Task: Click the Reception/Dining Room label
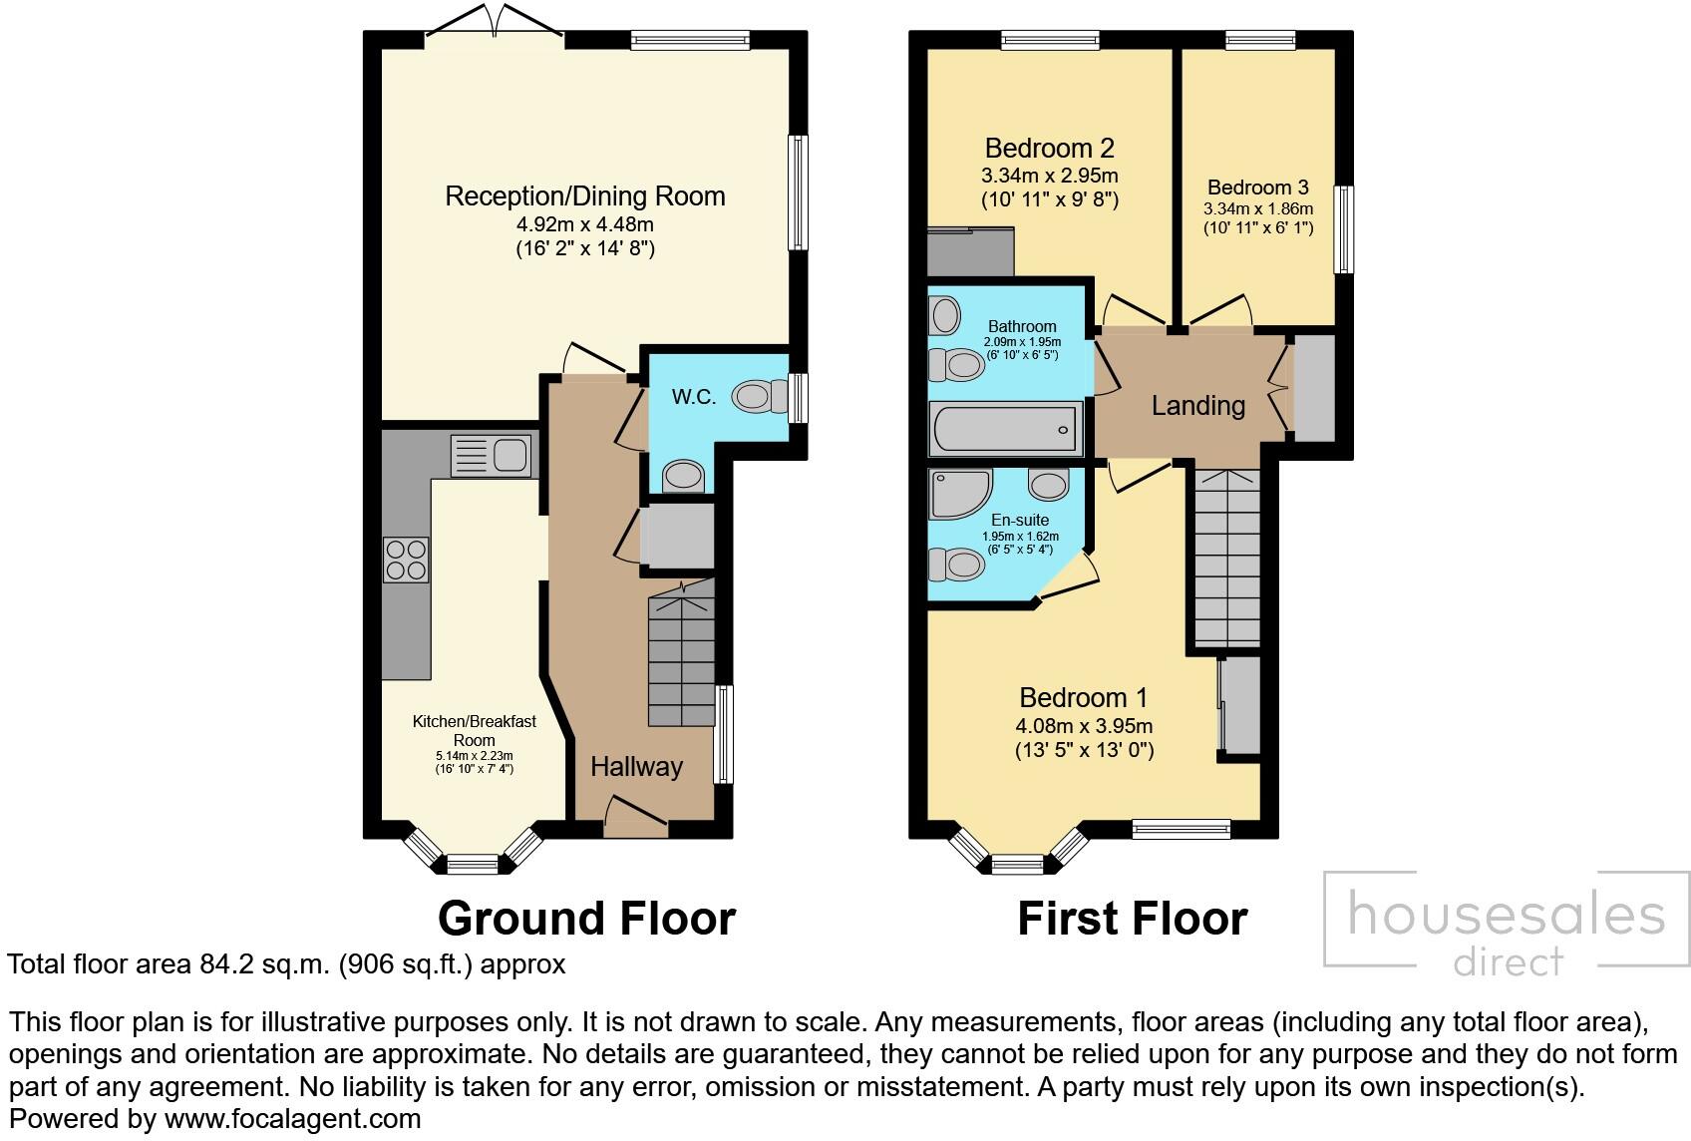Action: pyautogui.click(x=585, y=196)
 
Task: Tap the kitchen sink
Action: pyautogui.click(x=491, y=456)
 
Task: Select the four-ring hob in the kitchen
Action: pyautogui.click(x=406, y=560)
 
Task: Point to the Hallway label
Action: pyautogui.click(x=636, y=766)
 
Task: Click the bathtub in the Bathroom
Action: pyautogui.click(x=1006, y=429)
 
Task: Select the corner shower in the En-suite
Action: pyautogui.click(x=960, y=495)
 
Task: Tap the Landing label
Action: pyautogui.click(x=1198, y=406)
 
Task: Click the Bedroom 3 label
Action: pyautogui.click(x=1258, y=188)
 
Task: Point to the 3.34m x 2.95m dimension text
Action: pyautogui.click(x=1049, y=176)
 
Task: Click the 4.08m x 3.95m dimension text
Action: pyautogui.click(x=1084, y=726)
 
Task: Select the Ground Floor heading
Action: pyautogui.click(x=586, y=919)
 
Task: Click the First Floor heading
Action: pyautogui.click(x=1133, y=919)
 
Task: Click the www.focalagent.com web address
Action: pyautogui.click(x=292, y=1118)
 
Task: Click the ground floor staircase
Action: pyautogui.click(x=681, y=653)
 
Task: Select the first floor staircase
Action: pyautogui.click(x=1227, y=559)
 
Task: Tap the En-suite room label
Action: pyautogui.click(x=1020, y=521)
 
